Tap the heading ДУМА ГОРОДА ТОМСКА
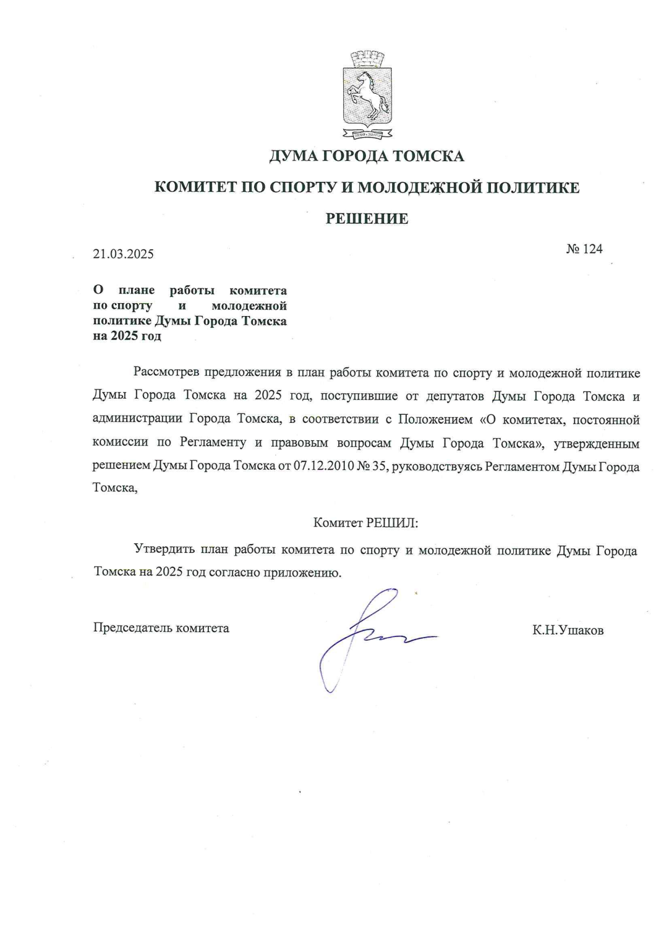tap(367, 156)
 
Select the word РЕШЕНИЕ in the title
tap(367, 218)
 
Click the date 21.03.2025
tap(124, 254)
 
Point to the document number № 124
tap(584, 249)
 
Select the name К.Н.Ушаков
tap(568, 630)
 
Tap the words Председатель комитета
tap(161, 628)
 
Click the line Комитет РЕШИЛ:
tap(366, 523)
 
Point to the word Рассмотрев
tap(166, 372)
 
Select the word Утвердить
tap(164, 550)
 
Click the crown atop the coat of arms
tap(367, 58)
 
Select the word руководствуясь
tap(436, 466)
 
